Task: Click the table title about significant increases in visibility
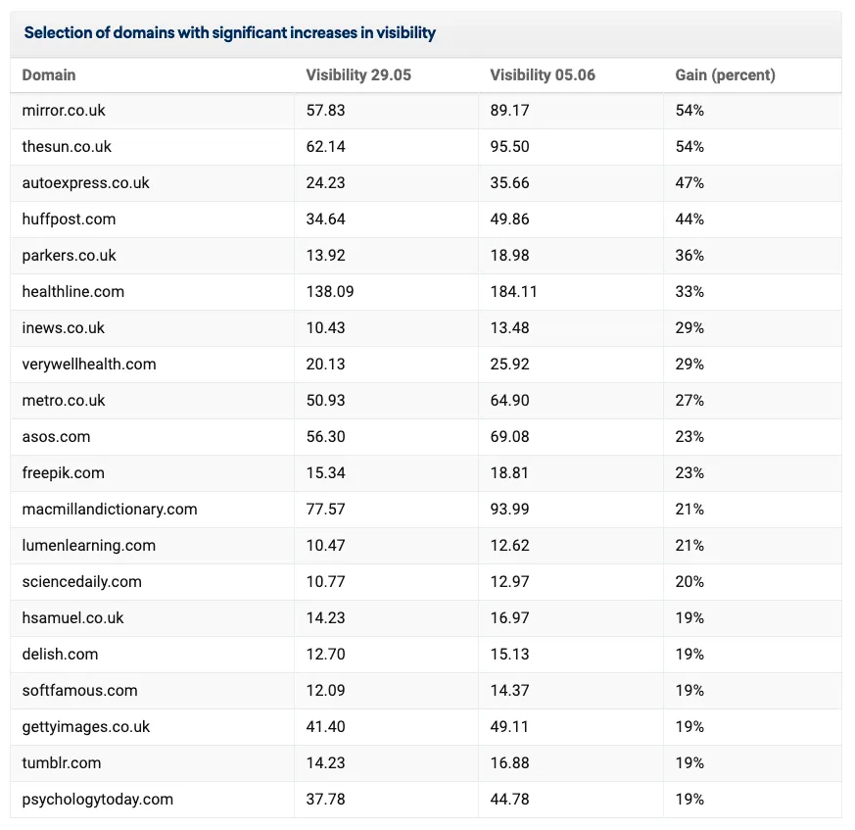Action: click(x=229, y=32)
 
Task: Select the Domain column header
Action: click(x=49, y=74)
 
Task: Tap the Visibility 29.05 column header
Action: click(x=358, y=74)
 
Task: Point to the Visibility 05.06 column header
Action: click(x=543, y=74)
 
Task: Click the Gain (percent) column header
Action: click(x=725, y=74)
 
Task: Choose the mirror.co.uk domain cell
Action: click(x=64, y=110)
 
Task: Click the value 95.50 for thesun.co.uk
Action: click(x=509, y=146)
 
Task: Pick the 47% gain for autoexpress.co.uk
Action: click(x=689, y=183)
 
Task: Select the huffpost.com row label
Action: click(x=69, y=219)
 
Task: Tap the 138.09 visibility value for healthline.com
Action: click(x=330, y=291)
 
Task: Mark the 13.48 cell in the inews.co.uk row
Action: click(x=509, y=328)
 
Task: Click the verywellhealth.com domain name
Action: click(x=89, y=364)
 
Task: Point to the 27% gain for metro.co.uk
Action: click(x=689, y=401)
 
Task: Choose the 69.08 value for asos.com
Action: click(x=509, y=436)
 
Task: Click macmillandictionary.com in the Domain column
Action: click(x=110, y=510)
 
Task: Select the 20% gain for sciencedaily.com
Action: click(x=689, y=582)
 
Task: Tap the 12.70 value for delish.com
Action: click(x=325, y=655)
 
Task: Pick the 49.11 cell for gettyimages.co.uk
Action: click(x=509, y=727)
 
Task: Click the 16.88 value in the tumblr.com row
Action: click(x=509, y=763)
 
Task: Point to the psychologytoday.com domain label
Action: click(x=98, y=800)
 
